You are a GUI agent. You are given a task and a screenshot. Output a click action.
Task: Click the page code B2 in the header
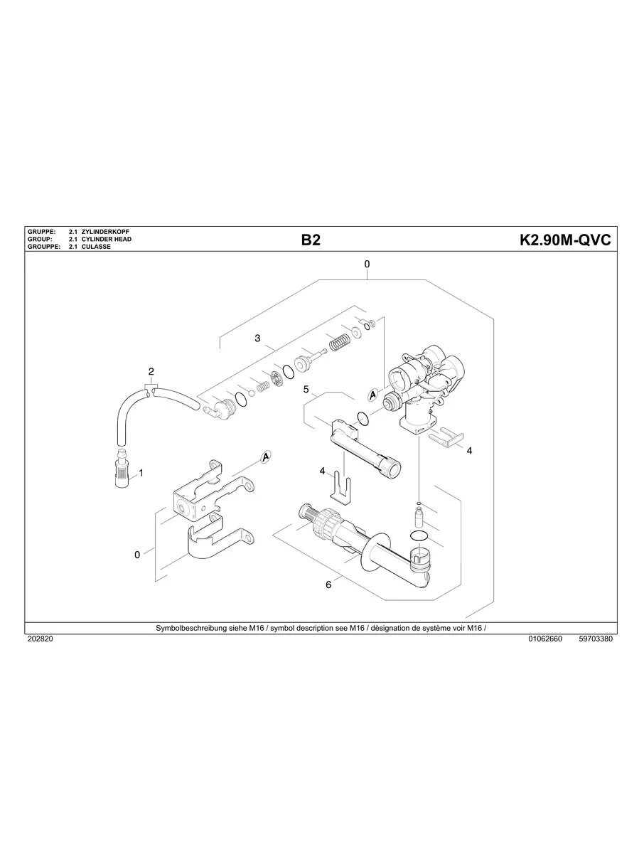point(311,240)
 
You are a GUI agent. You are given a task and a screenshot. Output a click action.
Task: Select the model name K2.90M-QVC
point(566,240)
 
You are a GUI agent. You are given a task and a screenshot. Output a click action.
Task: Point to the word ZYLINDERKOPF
point(106,233)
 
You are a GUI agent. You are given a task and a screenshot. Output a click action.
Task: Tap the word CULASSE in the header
point(96,247)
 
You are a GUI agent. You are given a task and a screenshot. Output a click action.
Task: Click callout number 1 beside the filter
point(141,472)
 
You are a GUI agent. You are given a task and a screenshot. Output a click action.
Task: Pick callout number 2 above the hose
point(151,372)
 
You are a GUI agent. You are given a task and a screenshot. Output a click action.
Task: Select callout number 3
point(257,338)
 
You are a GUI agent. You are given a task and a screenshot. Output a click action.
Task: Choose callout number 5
point(306,390)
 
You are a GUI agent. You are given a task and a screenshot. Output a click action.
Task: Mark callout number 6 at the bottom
point(328,585)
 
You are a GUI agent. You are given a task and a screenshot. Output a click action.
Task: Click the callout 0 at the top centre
point(367,265)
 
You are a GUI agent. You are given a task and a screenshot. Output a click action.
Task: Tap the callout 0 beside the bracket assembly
point(137,555)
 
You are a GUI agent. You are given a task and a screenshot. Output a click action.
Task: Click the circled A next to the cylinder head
point(372,395)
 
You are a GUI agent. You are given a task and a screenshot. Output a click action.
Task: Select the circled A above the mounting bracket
point(266,457)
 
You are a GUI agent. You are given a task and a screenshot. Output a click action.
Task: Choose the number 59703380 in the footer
point(596,639)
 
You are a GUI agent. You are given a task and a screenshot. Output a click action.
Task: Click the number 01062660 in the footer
point(544,639)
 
